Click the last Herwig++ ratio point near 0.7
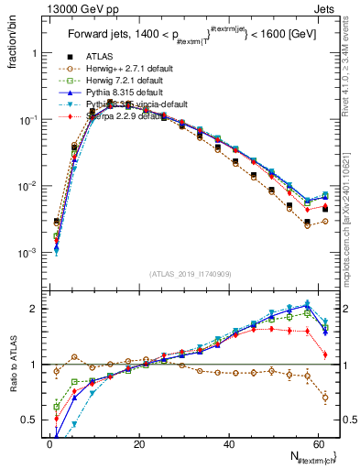point(324,398)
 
